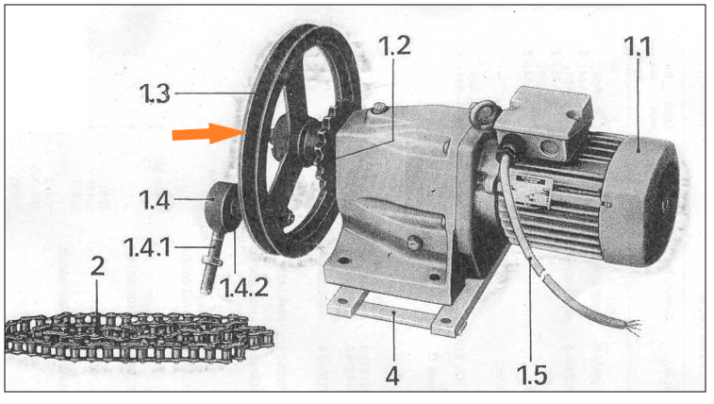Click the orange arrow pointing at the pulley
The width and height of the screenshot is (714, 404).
(209, 133)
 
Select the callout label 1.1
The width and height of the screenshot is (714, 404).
(637, 46)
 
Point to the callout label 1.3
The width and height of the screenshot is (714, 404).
(155, 93)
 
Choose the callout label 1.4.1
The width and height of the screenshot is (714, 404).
(147, 247)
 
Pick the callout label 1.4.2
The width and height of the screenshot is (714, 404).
(243, 287)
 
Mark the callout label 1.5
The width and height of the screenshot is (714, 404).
(532, 375)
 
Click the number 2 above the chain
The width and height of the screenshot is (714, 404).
(97, 266)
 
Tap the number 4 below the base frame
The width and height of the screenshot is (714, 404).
(392, 376)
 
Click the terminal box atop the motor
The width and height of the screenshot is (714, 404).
(544, 123)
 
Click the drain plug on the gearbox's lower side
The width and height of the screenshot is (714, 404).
(414, 243)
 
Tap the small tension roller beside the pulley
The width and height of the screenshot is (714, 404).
(221, 209)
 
